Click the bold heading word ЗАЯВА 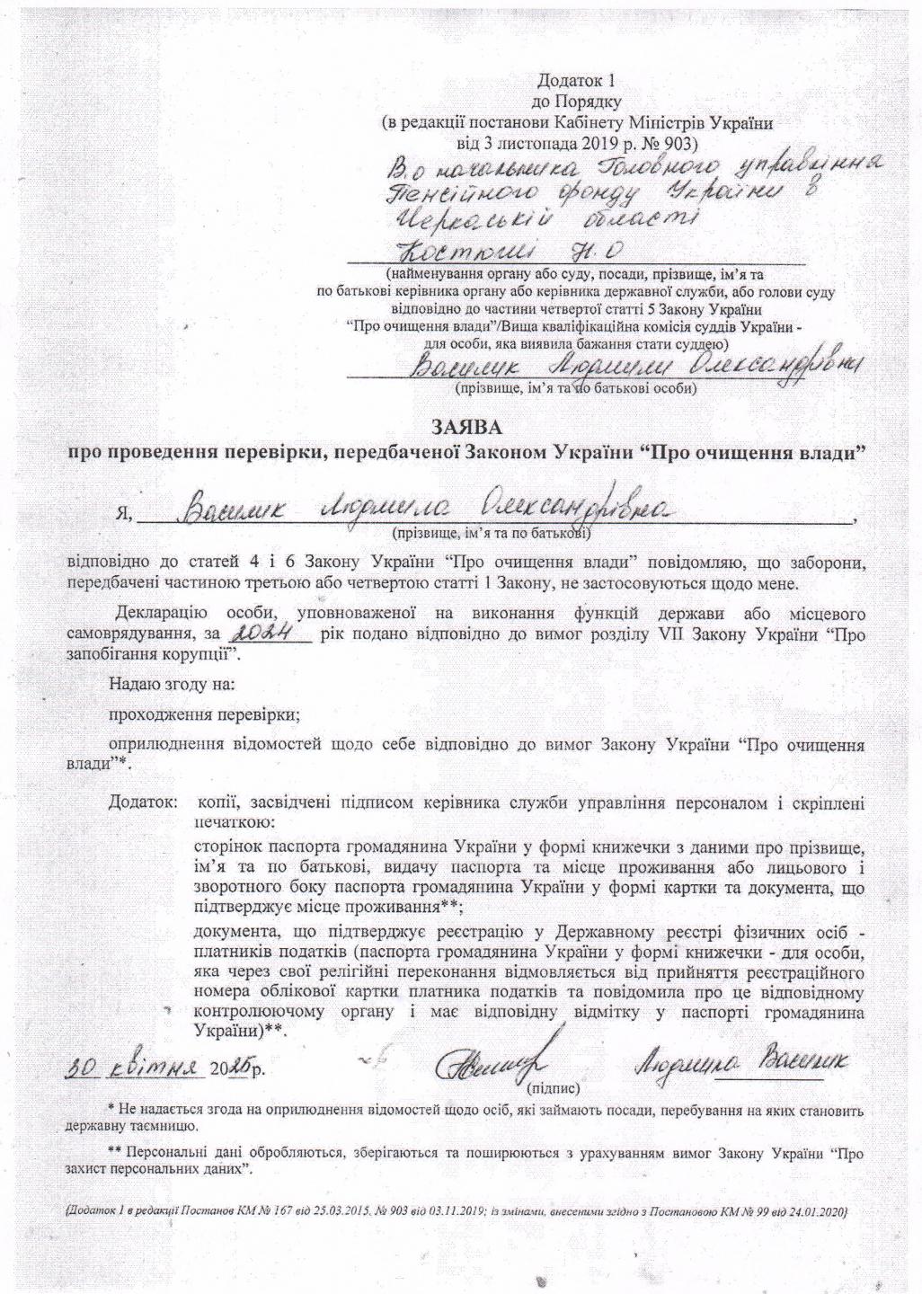tap(465, 424)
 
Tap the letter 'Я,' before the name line tap(125, 515)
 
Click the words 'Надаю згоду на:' tap(172, 683)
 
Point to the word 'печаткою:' tap(235, 821)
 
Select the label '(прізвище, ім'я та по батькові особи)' tap(576, 390)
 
